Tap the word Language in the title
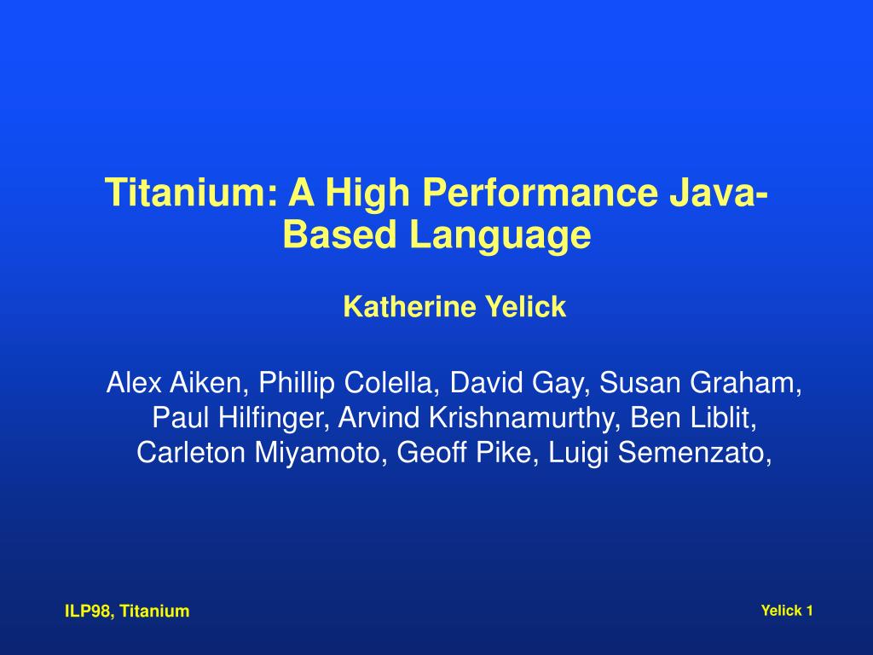coord(500,235)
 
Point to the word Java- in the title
coord(719,192)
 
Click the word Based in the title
coord(339,235)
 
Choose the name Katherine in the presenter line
coord(410,307)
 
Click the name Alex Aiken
coord(173,383)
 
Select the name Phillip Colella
coord(344,383)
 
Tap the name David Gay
coord(516,384)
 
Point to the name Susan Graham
coord(699,383)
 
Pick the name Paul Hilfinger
coord(236,418)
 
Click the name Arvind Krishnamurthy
coord(477,418)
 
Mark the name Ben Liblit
coord(691,418)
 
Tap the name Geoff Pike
coord(464,452)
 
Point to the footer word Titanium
coord(155,611)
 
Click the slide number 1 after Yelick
coord(809,611)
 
